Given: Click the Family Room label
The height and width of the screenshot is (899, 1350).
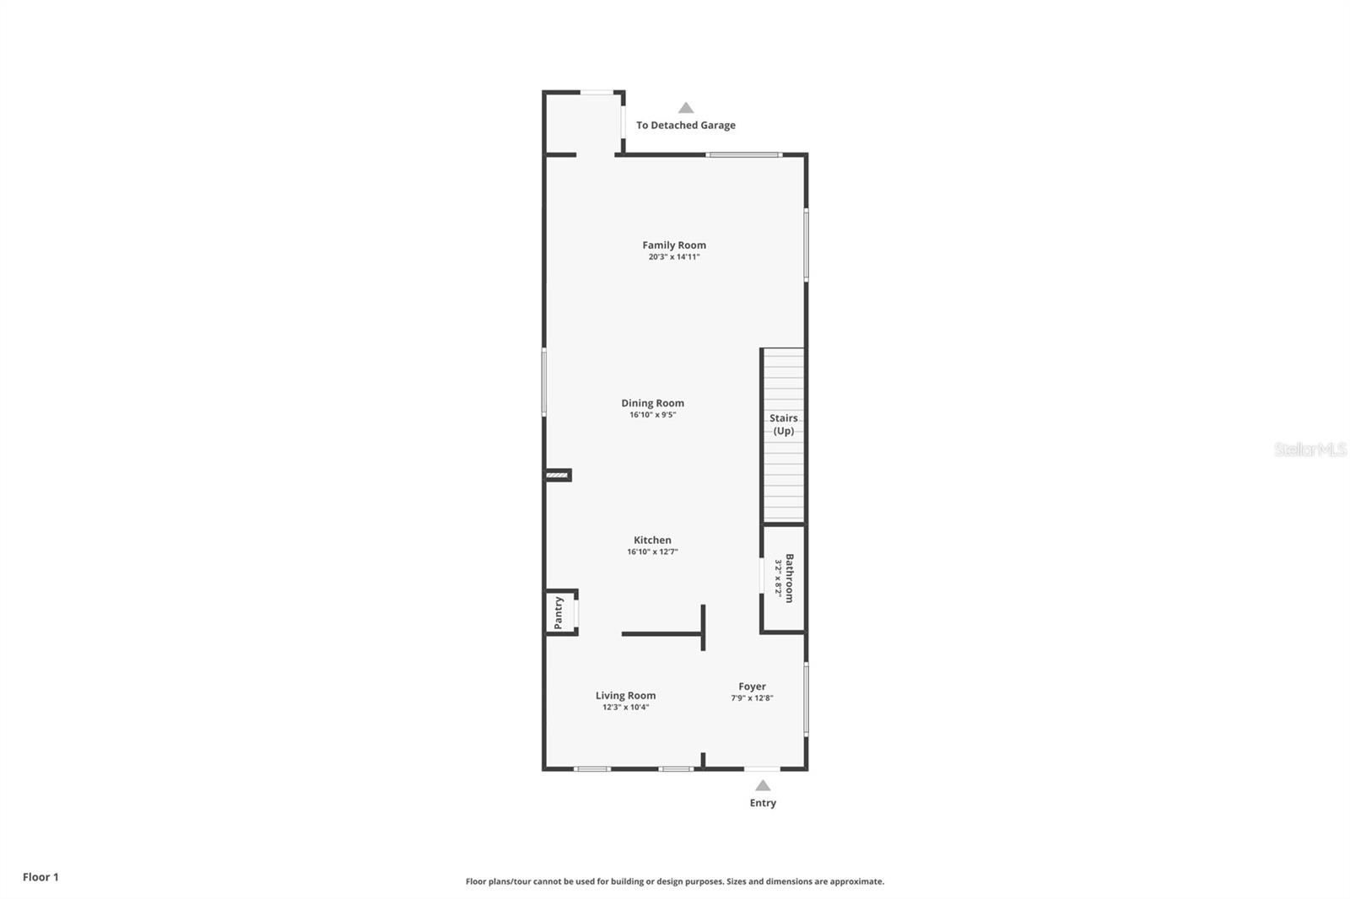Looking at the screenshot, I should [x=674, y=245].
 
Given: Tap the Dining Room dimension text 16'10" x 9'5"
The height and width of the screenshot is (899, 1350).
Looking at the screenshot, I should [x=652, y=415].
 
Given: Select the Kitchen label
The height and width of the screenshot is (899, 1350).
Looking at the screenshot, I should [x=652, y=541].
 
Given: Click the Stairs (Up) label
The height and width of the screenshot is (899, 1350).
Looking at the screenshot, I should [x=784, y=424].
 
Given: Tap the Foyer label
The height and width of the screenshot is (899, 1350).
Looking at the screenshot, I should [x=752, y=686].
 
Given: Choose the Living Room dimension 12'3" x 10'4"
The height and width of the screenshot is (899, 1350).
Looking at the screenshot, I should [x=625, y=708].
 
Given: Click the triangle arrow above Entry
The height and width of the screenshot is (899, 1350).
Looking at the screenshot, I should [x=763, y=785].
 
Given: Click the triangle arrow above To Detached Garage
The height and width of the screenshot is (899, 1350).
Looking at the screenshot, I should [x=686, y=108].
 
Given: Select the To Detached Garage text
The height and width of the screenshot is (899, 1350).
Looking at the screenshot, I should [x=685, y=126].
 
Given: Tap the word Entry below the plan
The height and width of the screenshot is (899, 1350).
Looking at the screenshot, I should [x=763, y=803].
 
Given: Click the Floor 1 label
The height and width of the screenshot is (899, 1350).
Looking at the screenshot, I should [x=40, y=877].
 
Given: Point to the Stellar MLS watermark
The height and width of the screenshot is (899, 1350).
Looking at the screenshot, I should [x=1309, y=449].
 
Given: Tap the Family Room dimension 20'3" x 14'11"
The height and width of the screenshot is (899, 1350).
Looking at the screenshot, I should [x=674, y=257].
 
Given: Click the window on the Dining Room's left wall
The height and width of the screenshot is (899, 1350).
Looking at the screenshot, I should [x=544, y=382].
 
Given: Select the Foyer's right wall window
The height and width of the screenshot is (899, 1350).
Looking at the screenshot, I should [x=806, y=699].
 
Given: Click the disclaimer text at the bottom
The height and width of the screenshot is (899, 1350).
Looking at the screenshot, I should [x=675, y=881].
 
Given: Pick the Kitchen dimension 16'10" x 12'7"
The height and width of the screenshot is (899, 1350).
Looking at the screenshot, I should [x=652, y=552].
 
